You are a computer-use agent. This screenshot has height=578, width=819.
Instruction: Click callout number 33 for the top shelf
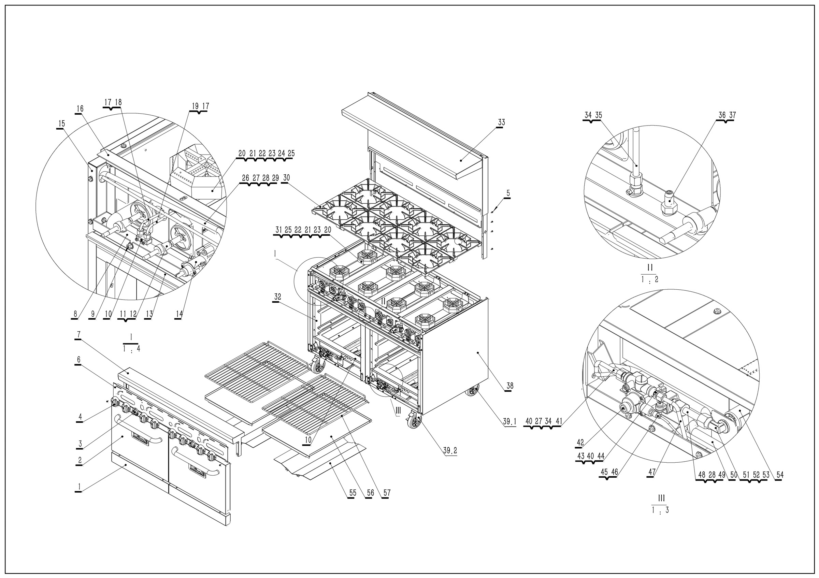click(501, 122)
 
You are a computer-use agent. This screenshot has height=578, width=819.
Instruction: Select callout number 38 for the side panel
click(510, 386)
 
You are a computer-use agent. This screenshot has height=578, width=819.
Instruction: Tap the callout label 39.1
click(509, 422)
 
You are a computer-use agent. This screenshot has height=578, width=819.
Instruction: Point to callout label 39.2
click(450, 451)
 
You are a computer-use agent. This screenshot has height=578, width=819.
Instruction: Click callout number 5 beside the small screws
click(508, 193)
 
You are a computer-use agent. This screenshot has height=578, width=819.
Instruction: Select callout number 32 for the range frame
click(277, 297)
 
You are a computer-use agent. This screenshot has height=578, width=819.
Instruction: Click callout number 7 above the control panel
click(79, 334)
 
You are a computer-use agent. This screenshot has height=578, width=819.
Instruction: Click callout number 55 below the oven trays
click(353, 493)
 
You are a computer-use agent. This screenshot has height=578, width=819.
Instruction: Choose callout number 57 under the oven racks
click(387, 493)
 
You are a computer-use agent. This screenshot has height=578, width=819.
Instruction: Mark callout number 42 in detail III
click(580, 443)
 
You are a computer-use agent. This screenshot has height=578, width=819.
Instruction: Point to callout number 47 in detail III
click(652, 472)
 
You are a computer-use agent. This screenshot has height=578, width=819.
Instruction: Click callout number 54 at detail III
click(780, 475)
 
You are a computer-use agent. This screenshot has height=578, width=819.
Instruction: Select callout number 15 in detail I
click(61, 124)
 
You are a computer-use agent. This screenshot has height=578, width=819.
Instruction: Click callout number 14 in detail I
click(179, 314)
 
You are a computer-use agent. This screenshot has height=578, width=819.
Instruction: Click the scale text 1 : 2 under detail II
click(649, 280)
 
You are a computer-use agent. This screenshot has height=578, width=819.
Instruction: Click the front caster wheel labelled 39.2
click(414, 422)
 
